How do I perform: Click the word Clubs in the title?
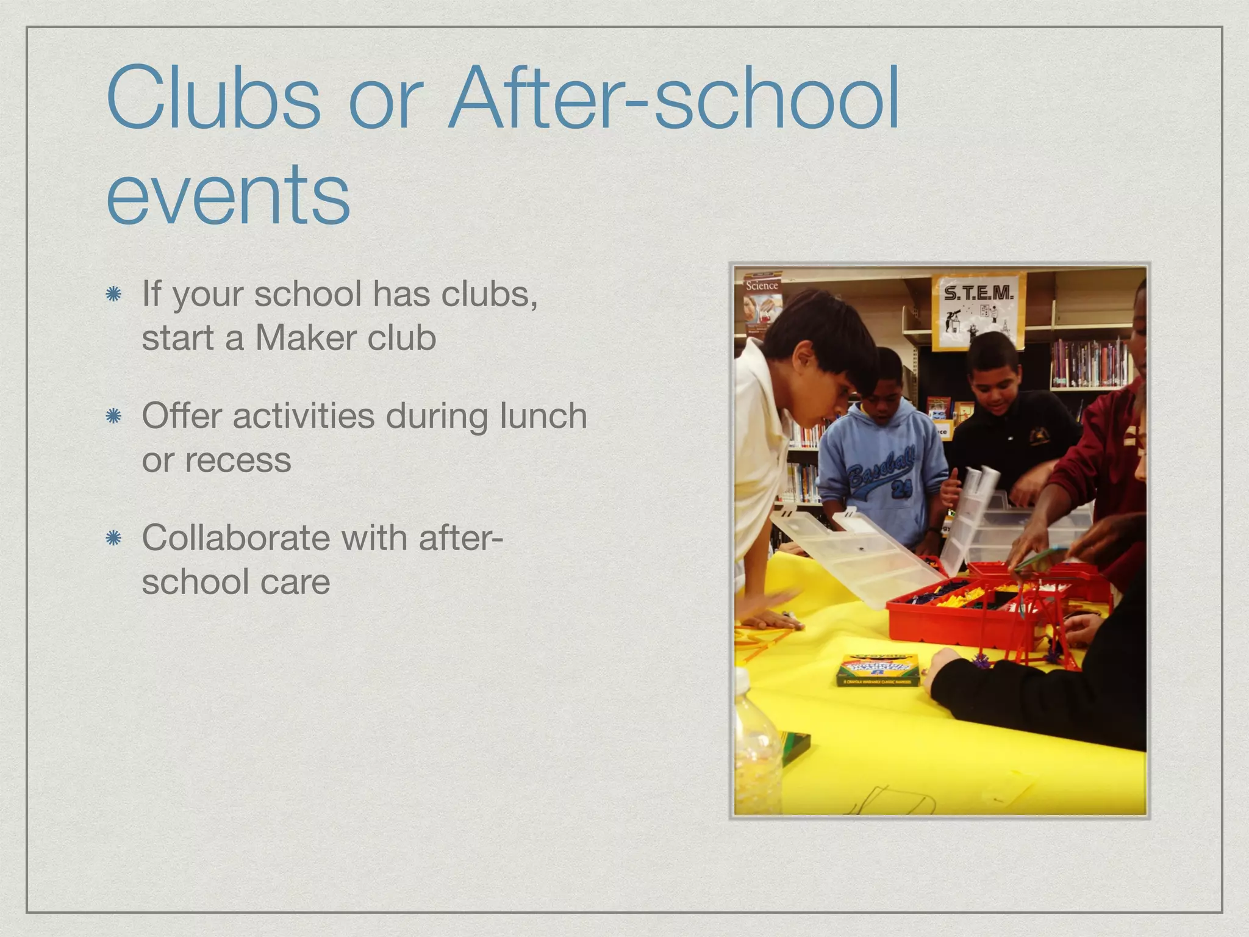[x=213, y=98]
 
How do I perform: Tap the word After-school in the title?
[x=673, y=98]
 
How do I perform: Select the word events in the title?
[x=228, y=194]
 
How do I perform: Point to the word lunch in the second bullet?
[x=543, y=416]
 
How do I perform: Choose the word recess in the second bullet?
[x=238, y=460]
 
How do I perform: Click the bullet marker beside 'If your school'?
[x=113, y=295]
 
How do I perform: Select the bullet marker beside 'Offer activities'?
[x=113, y=417]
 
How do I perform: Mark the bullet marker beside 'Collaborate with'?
[x=113, y=539]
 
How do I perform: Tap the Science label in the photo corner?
[x=762, y=285]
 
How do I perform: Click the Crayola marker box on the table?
[x=878, y=670]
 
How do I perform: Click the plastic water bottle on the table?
[x=756, y=744]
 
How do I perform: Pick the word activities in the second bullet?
[x=303, y=416]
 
